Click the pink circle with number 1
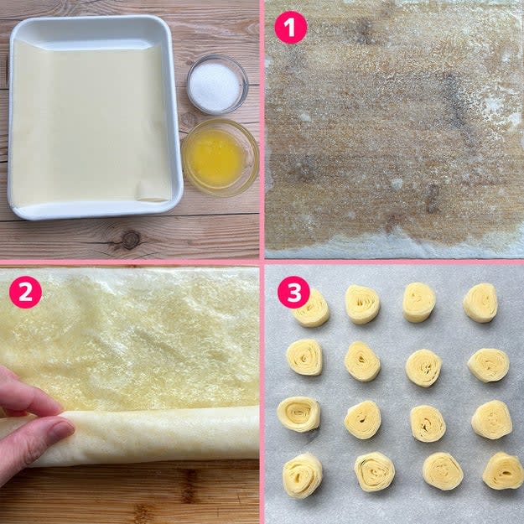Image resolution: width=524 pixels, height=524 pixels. [291, 28]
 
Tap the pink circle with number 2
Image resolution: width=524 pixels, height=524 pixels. [25, 292]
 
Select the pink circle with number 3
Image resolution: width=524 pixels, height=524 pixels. [293, 292]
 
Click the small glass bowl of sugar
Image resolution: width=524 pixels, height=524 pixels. [217, 85]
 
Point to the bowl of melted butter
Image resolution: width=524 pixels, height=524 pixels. [220, 158]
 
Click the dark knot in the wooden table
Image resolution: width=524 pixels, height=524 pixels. [130, 240]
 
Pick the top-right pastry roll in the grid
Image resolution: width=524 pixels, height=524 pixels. [480, 303]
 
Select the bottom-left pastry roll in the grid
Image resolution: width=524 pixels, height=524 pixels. [303, 475]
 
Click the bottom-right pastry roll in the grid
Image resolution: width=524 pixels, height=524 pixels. [502, 471]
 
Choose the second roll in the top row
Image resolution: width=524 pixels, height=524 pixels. [362, 304]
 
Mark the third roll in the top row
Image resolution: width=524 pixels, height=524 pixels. [419, 303]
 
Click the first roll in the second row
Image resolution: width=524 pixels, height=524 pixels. [305, 357]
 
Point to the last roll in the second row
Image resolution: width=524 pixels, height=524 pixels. [489, 366]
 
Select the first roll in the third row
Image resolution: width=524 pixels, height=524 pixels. [298, 414]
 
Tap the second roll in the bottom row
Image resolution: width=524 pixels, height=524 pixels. [375, 472]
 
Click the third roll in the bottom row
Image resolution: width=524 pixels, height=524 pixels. [444, 471]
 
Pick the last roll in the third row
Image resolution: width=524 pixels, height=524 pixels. [491, 420]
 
